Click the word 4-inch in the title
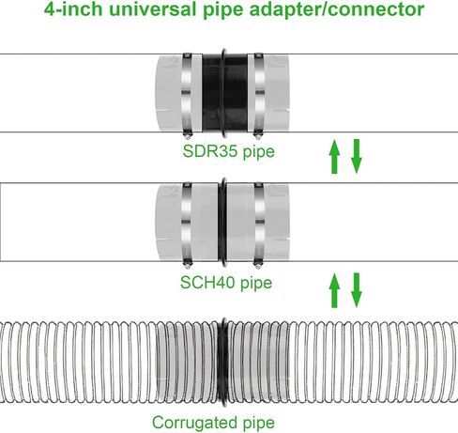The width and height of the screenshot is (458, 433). (x=73, y=8)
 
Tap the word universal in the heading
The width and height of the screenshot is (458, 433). (x=153, y=8)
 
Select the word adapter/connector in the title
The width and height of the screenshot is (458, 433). (x=337, y=9)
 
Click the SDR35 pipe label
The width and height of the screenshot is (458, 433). (x=229, y=151)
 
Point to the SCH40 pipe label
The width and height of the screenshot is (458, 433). (x=226, y=283)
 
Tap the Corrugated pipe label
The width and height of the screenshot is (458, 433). (x=213, y=423)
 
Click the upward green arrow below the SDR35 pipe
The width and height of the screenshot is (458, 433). (x=334, y=157)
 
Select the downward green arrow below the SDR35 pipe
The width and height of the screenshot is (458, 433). (x=357, y=156)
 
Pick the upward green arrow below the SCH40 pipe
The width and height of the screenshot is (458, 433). (x=334, y=290)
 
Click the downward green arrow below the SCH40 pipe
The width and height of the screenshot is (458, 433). (x=357, y=290)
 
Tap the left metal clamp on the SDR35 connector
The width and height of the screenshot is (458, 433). (x=187, y=94)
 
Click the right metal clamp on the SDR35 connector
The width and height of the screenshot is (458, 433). (x=259, y=94)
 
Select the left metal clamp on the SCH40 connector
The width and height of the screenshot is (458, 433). (x=187, y=224)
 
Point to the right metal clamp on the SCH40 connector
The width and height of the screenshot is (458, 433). (x=259, y=224)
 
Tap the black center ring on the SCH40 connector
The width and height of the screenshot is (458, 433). (x=222, y=223)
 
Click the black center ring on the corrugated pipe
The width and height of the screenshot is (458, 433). (x=223, y=362)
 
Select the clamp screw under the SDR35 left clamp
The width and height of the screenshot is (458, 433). (x=187, y=135)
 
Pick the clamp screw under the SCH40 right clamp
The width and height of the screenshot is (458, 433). (x=258, y=265)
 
